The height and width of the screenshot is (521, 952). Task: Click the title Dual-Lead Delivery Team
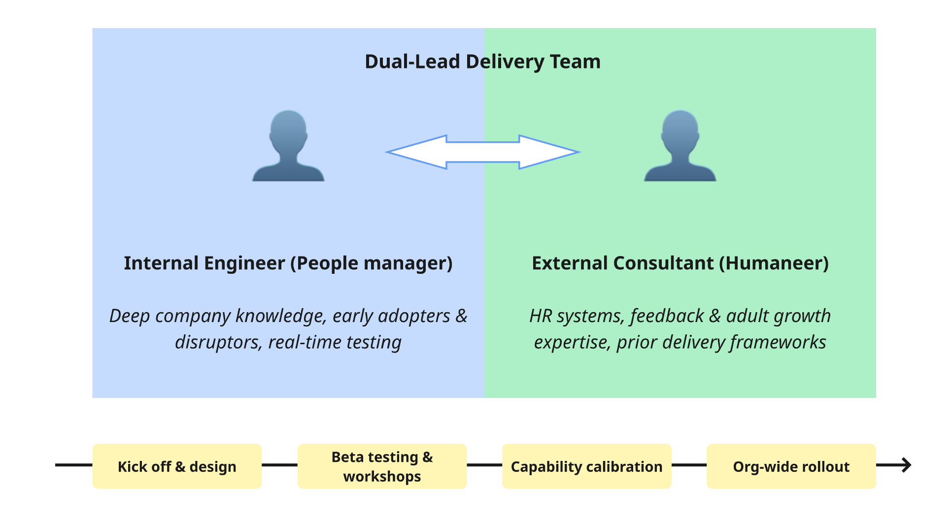(482, 62)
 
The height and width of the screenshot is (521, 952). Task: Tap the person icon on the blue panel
(288, 146)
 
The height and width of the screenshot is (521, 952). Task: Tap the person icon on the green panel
(680, 146)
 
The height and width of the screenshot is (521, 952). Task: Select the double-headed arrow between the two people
(483, 152)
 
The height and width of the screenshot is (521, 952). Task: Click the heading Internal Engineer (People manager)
(288, 263)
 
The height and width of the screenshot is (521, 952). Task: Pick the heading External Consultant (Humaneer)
(680, 263)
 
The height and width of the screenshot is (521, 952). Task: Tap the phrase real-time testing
(335, 342)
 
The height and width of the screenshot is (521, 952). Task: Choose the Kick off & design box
(177, 466)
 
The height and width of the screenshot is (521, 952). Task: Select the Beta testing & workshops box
(382, 466)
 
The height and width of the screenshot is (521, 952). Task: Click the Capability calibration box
(586, 466)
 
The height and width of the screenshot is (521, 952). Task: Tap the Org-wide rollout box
(791, 466)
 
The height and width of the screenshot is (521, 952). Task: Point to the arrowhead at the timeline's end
(906, 465)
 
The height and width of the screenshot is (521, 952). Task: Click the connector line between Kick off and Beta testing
(279, 465)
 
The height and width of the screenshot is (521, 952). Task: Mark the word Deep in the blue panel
(129, 316)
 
